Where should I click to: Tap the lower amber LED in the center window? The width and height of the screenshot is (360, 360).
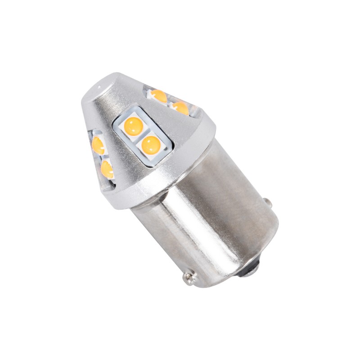tap(151, 144)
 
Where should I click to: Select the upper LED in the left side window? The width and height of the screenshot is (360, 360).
tap(98, 144)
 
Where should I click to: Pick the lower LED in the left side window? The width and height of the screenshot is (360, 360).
tap(107, 169)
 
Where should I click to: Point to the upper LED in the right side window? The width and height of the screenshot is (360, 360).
tap(158, 95)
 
